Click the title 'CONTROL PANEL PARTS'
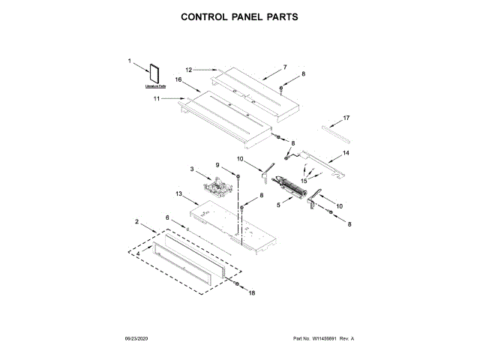click(239, 16)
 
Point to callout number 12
click(190, 70)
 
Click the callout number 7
click(285, 67)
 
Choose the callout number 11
click(157, 98)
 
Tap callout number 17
click(346, 118)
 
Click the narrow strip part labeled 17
click(337, 132)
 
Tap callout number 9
click(218, 165)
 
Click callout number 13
click(178, 193)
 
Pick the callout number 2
click(136, 221)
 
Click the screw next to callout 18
click(237, 284)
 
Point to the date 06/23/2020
click(138, 339)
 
